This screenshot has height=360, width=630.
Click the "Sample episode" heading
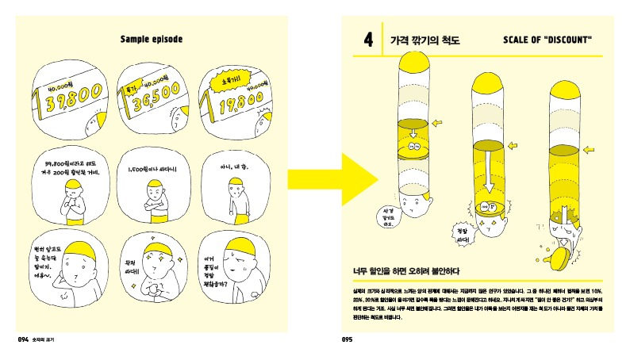tap(151, 38)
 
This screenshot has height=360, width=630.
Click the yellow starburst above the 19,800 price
tap(219, 77)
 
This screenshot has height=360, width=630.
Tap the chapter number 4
tap(367, 39)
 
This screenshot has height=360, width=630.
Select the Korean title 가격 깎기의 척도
tap(425, 39)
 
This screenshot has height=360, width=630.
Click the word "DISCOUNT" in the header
tap(564, 39)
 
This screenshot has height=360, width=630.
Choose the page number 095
tap(346, 339)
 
